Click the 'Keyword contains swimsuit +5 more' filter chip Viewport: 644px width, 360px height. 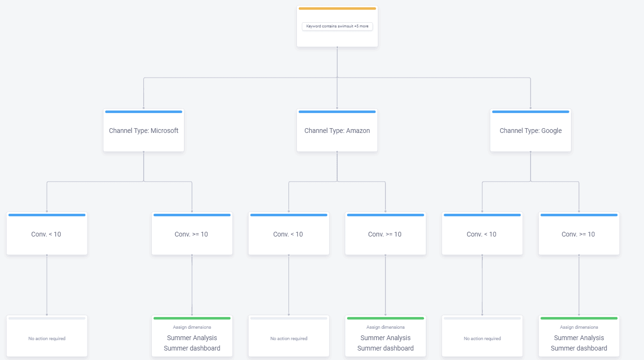pyautogui.click(x=337, y=26)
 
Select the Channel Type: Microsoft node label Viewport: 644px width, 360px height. pyautogui.click(x=143, y=131)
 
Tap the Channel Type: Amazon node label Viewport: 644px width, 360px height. pyautogui.click(x=337, y=131)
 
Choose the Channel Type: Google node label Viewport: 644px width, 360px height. pyautogui.click(x=531, y=131)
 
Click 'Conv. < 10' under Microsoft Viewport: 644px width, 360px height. pyautogui.click(x=46, y=234)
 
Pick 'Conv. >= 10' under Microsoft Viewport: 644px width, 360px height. pyautogui.click(x=191, y=234)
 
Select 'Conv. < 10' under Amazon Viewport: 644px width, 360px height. pyautogui.click(x=288, y=234)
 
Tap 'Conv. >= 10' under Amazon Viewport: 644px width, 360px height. pyautogui.click(x=385, y=234)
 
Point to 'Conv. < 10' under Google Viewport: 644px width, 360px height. pyautogui.click(x=481, y=234)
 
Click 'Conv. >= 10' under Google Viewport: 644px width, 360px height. pyautogui.click(x=578, y=234)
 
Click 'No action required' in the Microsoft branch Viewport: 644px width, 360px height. pyautogui.click(x=47, y=338)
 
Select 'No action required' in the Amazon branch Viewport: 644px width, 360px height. pyautogui.click(x=288, y=338)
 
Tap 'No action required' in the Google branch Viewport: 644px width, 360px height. pyautogui.click(x=482, y=338)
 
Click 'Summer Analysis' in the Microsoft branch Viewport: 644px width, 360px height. pyautogui.click(x=192, y=338)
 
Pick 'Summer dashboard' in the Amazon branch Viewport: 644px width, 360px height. pyautogui.click(x=385, y=348)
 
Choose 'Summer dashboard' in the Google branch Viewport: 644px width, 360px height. pyautogui.click(x=579, y=348)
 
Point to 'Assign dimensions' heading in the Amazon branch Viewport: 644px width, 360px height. pyautogui.click(x=385, y=327)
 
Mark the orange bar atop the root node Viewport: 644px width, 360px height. pyautogui.click(x=337, y=9)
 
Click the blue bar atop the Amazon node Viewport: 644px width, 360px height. pyautogui.click(x=337, y=112)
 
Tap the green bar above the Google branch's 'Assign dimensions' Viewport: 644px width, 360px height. pyautogui.click(x=579, y=318)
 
